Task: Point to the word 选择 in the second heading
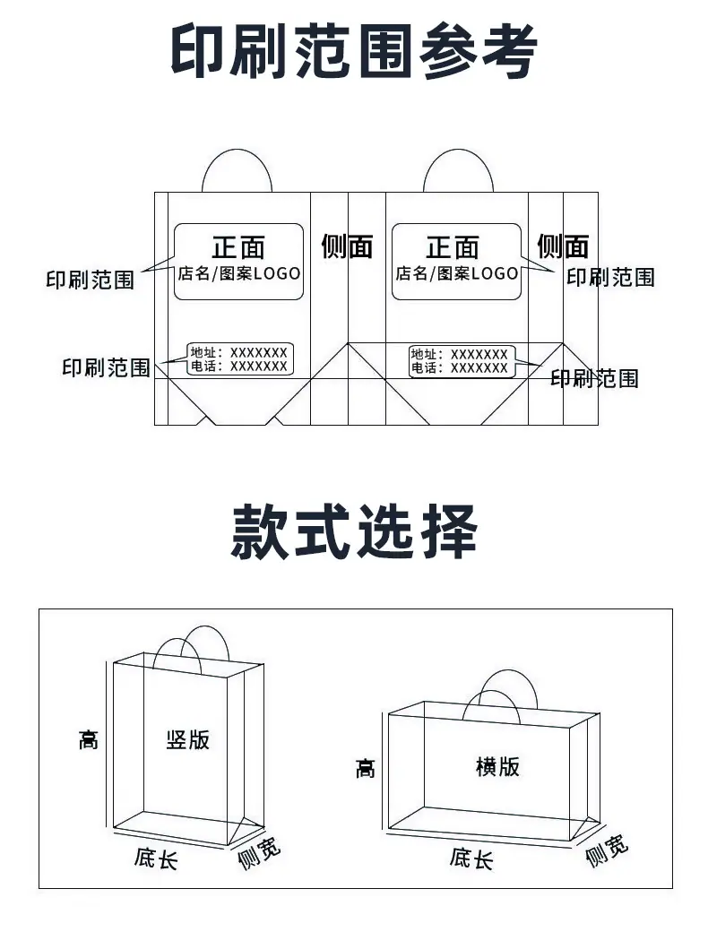[416, 531]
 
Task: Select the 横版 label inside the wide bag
[497, 766]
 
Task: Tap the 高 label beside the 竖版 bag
[89, 740]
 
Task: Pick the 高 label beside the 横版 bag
[366, 769]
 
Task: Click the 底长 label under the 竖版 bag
[156, 859]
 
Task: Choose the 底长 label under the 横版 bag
[471, 859]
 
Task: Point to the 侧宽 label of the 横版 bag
[607, 850]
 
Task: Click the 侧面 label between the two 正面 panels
[347, 246]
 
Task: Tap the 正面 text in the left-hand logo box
[238, 247]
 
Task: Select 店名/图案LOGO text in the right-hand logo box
[457, 273]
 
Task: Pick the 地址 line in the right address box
[459, 354]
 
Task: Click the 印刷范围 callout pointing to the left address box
[106, 367]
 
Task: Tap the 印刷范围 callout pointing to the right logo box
[610, 277]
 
